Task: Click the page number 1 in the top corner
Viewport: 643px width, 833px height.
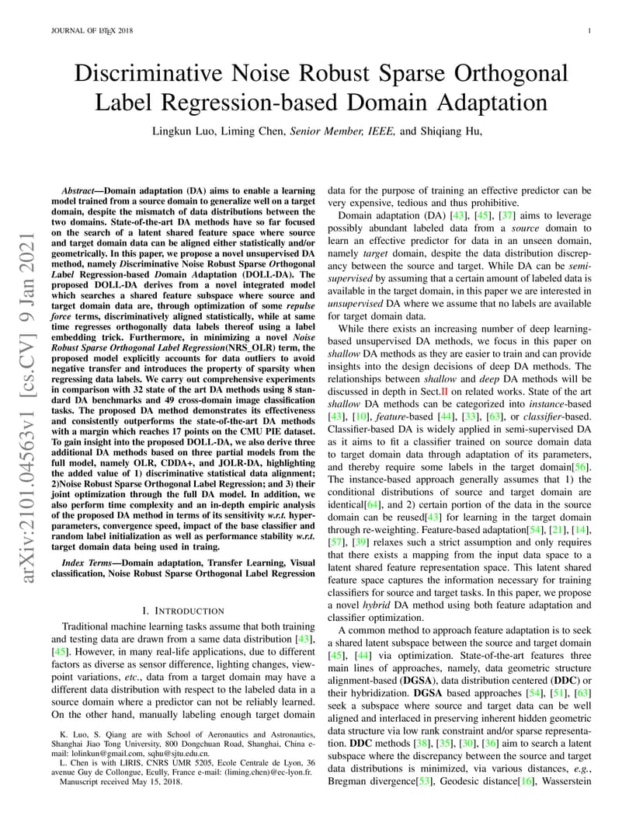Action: click(590, 31)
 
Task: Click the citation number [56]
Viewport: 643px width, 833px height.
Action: click(582, 466)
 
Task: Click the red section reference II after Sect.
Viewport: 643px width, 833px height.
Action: click(445, 392)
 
